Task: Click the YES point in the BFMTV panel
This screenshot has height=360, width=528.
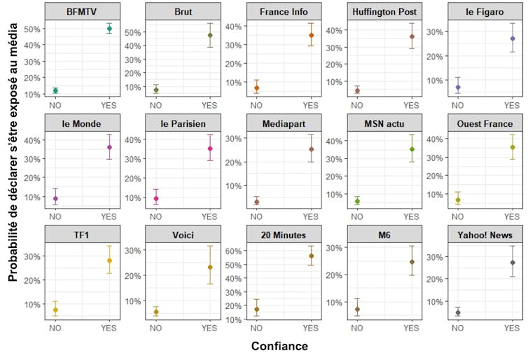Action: (x=109, y=29)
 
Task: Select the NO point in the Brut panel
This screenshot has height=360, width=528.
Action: (x=155, y=90)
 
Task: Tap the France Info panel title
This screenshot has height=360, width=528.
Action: (x=283, y=12)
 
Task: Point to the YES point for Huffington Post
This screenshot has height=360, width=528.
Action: (x=412, y=36)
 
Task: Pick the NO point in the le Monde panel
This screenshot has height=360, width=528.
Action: (x=55, y=199)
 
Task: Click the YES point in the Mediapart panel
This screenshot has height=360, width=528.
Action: (x=311, y=149)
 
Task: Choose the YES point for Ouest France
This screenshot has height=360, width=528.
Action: (x=513, y=147)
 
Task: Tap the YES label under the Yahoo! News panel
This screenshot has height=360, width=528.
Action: (x=513, y=327)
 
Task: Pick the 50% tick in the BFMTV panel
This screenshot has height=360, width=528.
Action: (x=32, y=29)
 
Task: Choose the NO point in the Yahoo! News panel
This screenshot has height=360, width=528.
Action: (x=458, y=312)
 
